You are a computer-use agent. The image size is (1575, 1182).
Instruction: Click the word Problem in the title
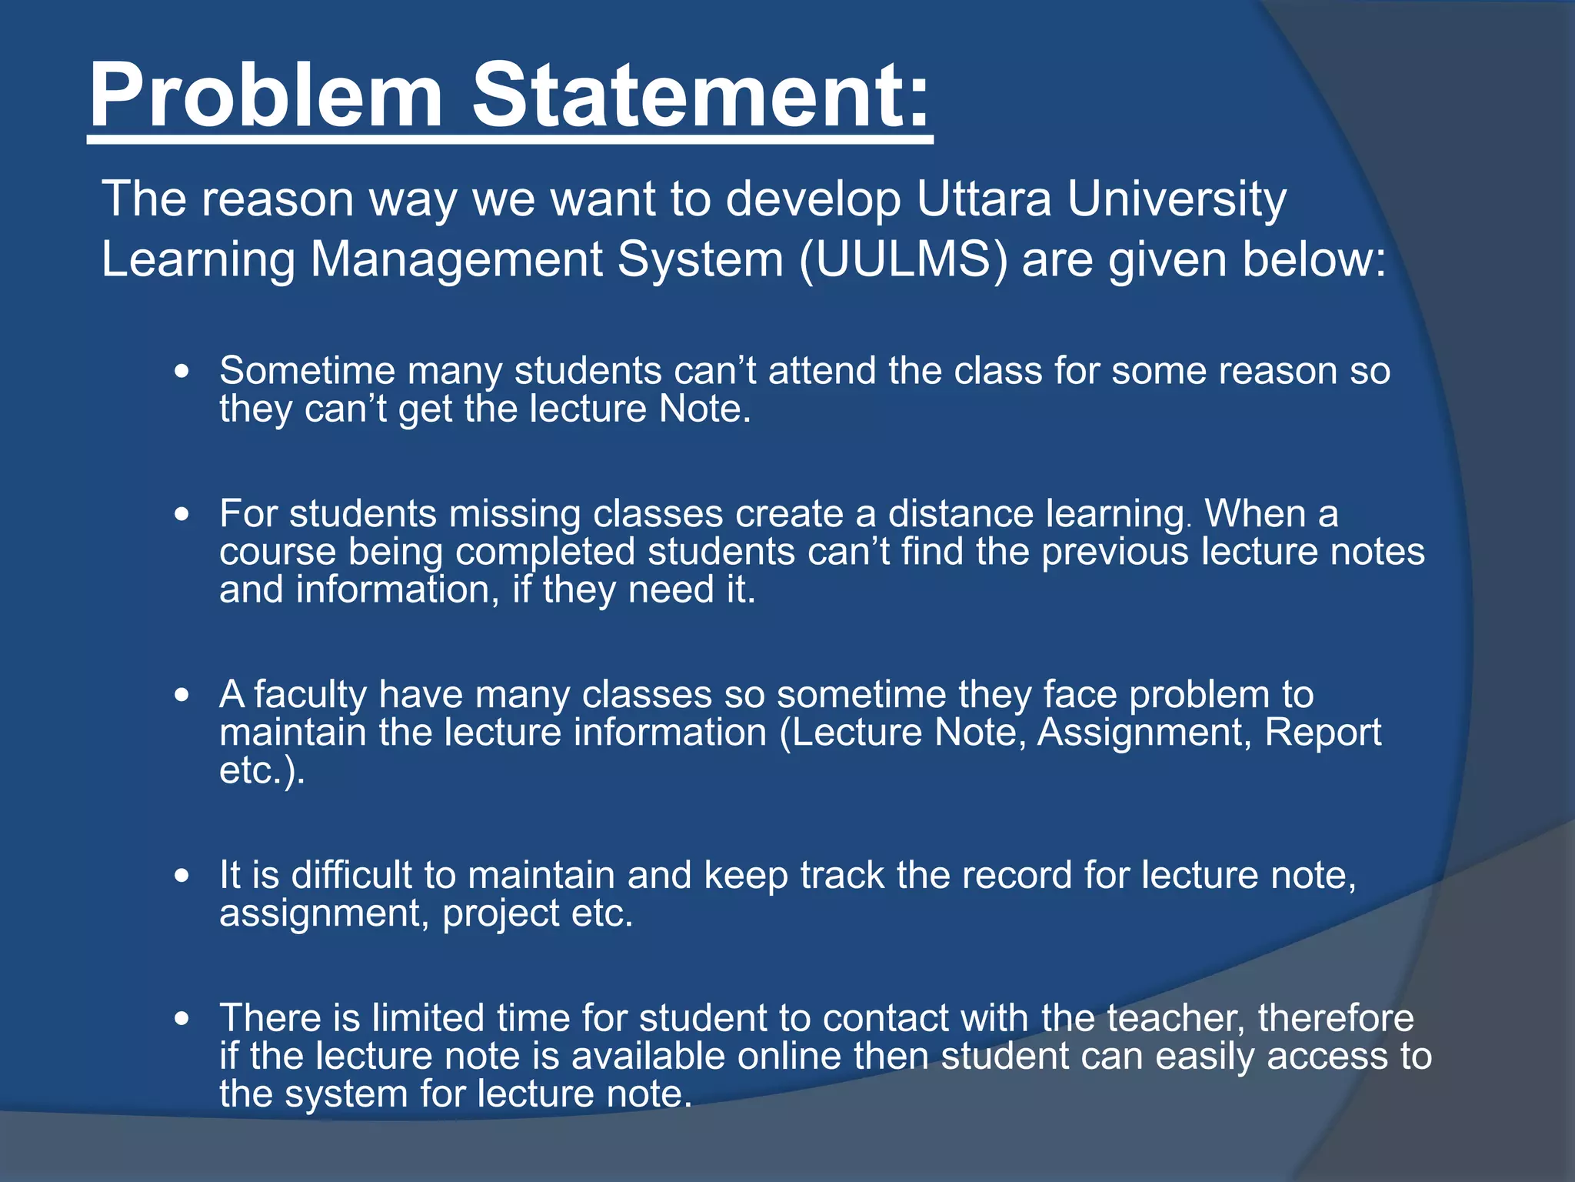tap(266, 96)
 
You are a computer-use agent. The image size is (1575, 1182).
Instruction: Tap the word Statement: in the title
tap(701, 96)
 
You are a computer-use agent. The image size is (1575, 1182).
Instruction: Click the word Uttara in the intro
tap(984, 199)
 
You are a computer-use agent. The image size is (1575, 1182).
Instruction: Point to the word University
tap(1177, 199)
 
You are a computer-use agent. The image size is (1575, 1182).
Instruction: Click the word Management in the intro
tap(457, 259)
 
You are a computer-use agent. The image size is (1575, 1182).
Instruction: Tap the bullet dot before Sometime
tap(181, 372)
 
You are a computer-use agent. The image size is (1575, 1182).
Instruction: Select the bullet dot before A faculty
tap(181, 695)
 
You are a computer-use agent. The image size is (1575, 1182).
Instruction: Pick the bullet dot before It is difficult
tap(181, 876)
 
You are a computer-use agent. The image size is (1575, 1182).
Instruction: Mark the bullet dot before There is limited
tap(181, 1019)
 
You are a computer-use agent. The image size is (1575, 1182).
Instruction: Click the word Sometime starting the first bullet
tap(307, 371)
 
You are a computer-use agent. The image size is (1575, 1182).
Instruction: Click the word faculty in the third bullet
tap(311, 695)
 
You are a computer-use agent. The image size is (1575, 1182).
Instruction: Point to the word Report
tap(1322, 732)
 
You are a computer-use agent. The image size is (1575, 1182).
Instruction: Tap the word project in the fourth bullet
tap(501, 913)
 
